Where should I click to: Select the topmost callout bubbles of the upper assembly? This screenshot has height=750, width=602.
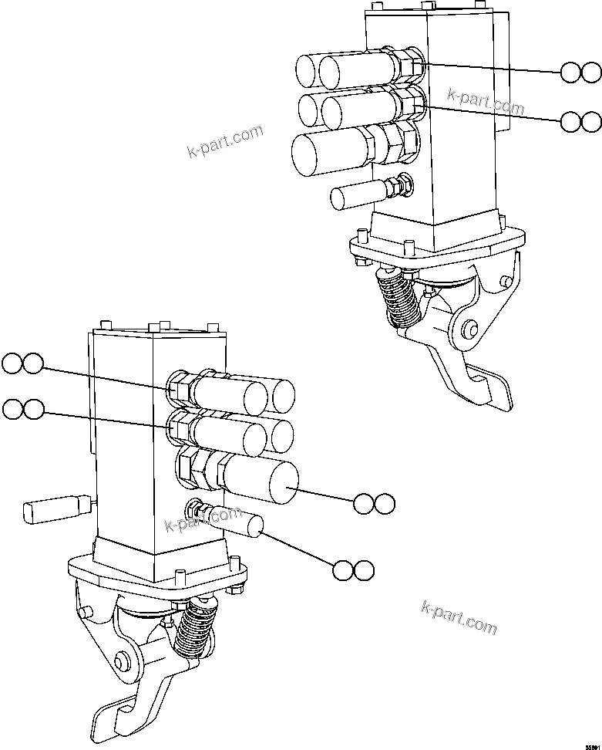[x=580, y=73]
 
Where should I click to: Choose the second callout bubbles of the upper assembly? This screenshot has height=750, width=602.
[x=580, y=121]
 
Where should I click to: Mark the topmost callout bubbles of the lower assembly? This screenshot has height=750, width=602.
[x=22, y=363]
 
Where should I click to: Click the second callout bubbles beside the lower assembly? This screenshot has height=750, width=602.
[x=22, y=410]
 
